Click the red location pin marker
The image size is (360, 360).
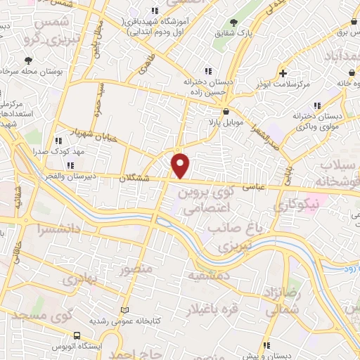[x=181, y=165]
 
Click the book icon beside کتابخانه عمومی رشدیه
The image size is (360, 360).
[x=126, y=309]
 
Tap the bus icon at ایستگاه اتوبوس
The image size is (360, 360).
[x=77, y=335]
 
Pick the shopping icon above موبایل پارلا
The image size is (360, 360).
[x=226, y=112]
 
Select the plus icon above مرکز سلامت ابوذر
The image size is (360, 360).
[x=282, y=73]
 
